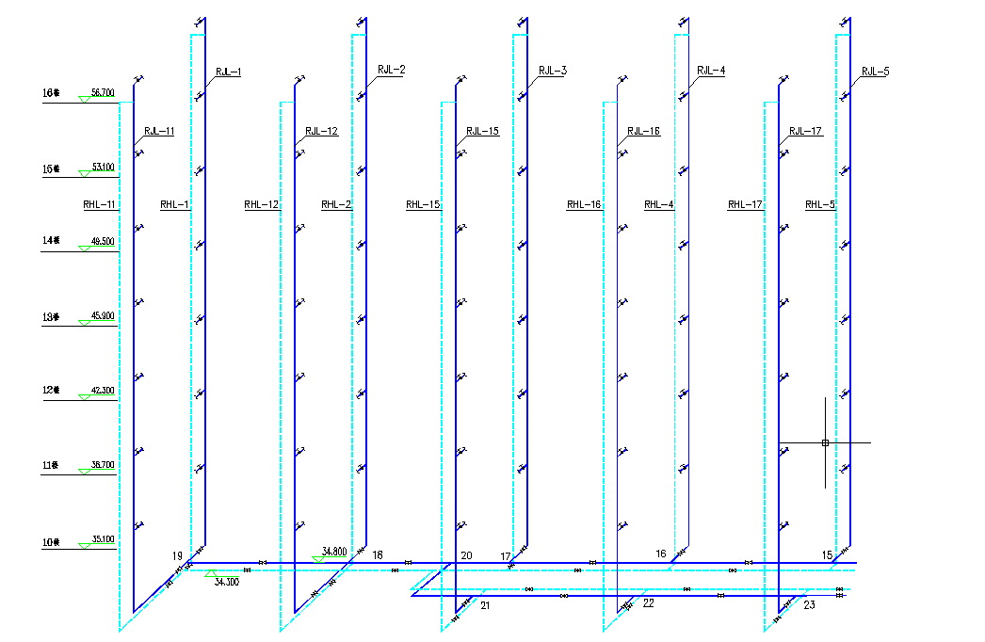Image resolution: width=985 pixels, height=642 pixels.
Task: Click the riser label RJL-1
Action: click(229, 72)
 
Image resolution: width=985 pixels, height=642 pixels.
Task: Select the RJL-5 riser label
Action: click(875, 72)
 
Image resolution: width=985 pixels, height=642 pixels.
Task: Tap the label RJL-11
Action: click(159, 132)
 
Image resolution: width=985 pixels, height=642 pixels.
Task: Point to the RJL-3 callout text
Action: click(553, 71)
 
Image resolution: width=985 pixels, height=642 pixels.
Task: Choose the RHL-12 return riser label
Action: click(261, 204)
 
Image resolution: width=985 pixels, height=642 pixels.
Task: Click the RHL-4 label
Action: click(659, 204)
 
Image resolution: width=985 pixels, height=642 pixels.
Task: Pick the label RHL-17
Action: click(745, 204)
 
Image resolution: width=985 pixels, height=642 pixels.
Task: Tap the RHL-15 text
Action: click(423, 204)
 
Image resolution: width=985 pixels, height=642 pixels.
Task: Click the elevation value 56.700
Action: click(103, 93)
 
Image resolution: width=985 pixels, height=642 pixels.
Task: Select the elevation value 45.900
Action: click(103, 315)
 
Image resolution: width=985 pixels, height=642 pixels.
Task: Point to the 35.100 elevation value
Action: click(103, 539)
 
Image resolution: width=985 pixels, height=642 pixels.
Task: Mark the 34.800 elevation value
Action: click(334, 551)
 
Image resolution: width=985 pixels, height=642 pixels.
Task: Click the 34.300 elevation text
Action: click(227, 583)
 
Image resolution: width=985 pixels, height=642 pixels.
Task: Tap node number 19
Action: click(177, 556)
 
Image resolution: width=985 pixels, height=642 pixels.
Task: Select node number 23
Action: click(810, 605)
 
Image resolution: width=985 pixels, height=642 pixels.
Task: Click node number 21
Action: click(486, 605)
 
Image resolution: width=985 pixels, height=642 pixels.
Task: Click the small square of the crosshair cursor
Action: click(825, 442)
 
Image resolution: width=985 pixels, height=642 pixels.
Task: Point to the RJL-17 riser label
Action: click(806, 132)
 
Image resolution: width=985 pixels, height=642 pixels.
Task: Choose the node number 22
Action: click(648, 603)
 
